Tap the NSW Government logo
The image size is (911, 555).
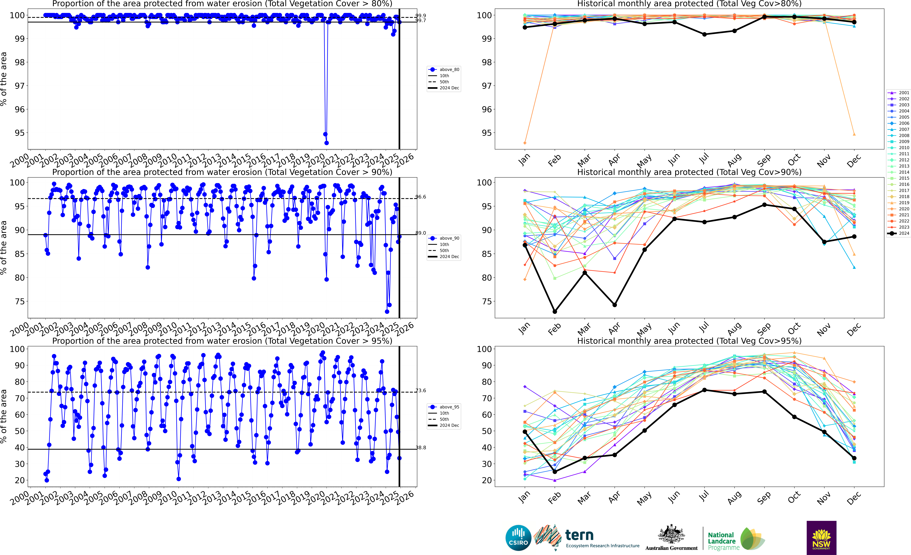coord(821,538)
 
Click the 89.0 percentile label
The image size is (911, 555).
coord(421,233)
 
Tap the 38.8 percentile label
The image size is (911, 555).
coord(421,448)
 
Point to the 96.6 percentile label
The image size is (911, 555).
coord(421,197)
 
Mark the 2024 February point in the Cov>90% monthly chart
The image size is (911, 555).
coord(555,312)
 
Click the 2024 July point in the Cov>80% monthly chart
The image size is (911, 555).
coord(704,34)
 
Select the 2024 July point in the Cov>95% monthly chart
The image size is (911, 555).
coord(704,390)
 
